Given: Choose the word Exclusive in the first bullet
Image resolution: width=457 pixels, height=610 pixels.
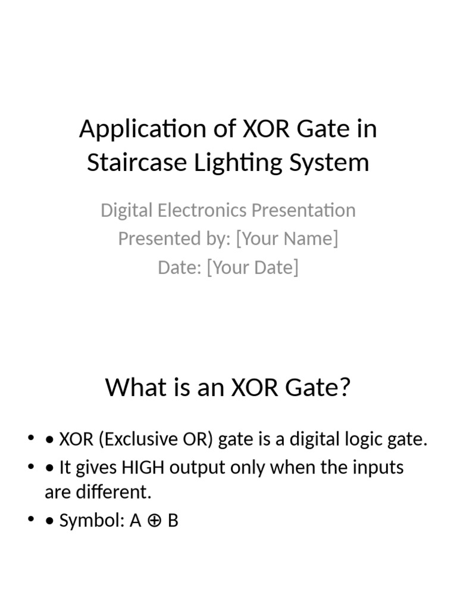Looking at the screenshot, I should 139,440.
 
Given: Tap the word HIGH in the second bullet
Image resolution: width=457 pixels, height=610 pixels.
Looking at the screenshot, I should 143,468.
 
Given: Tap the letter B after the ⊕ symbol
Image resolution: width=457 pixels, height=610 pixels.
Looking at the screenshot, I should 173,521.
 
